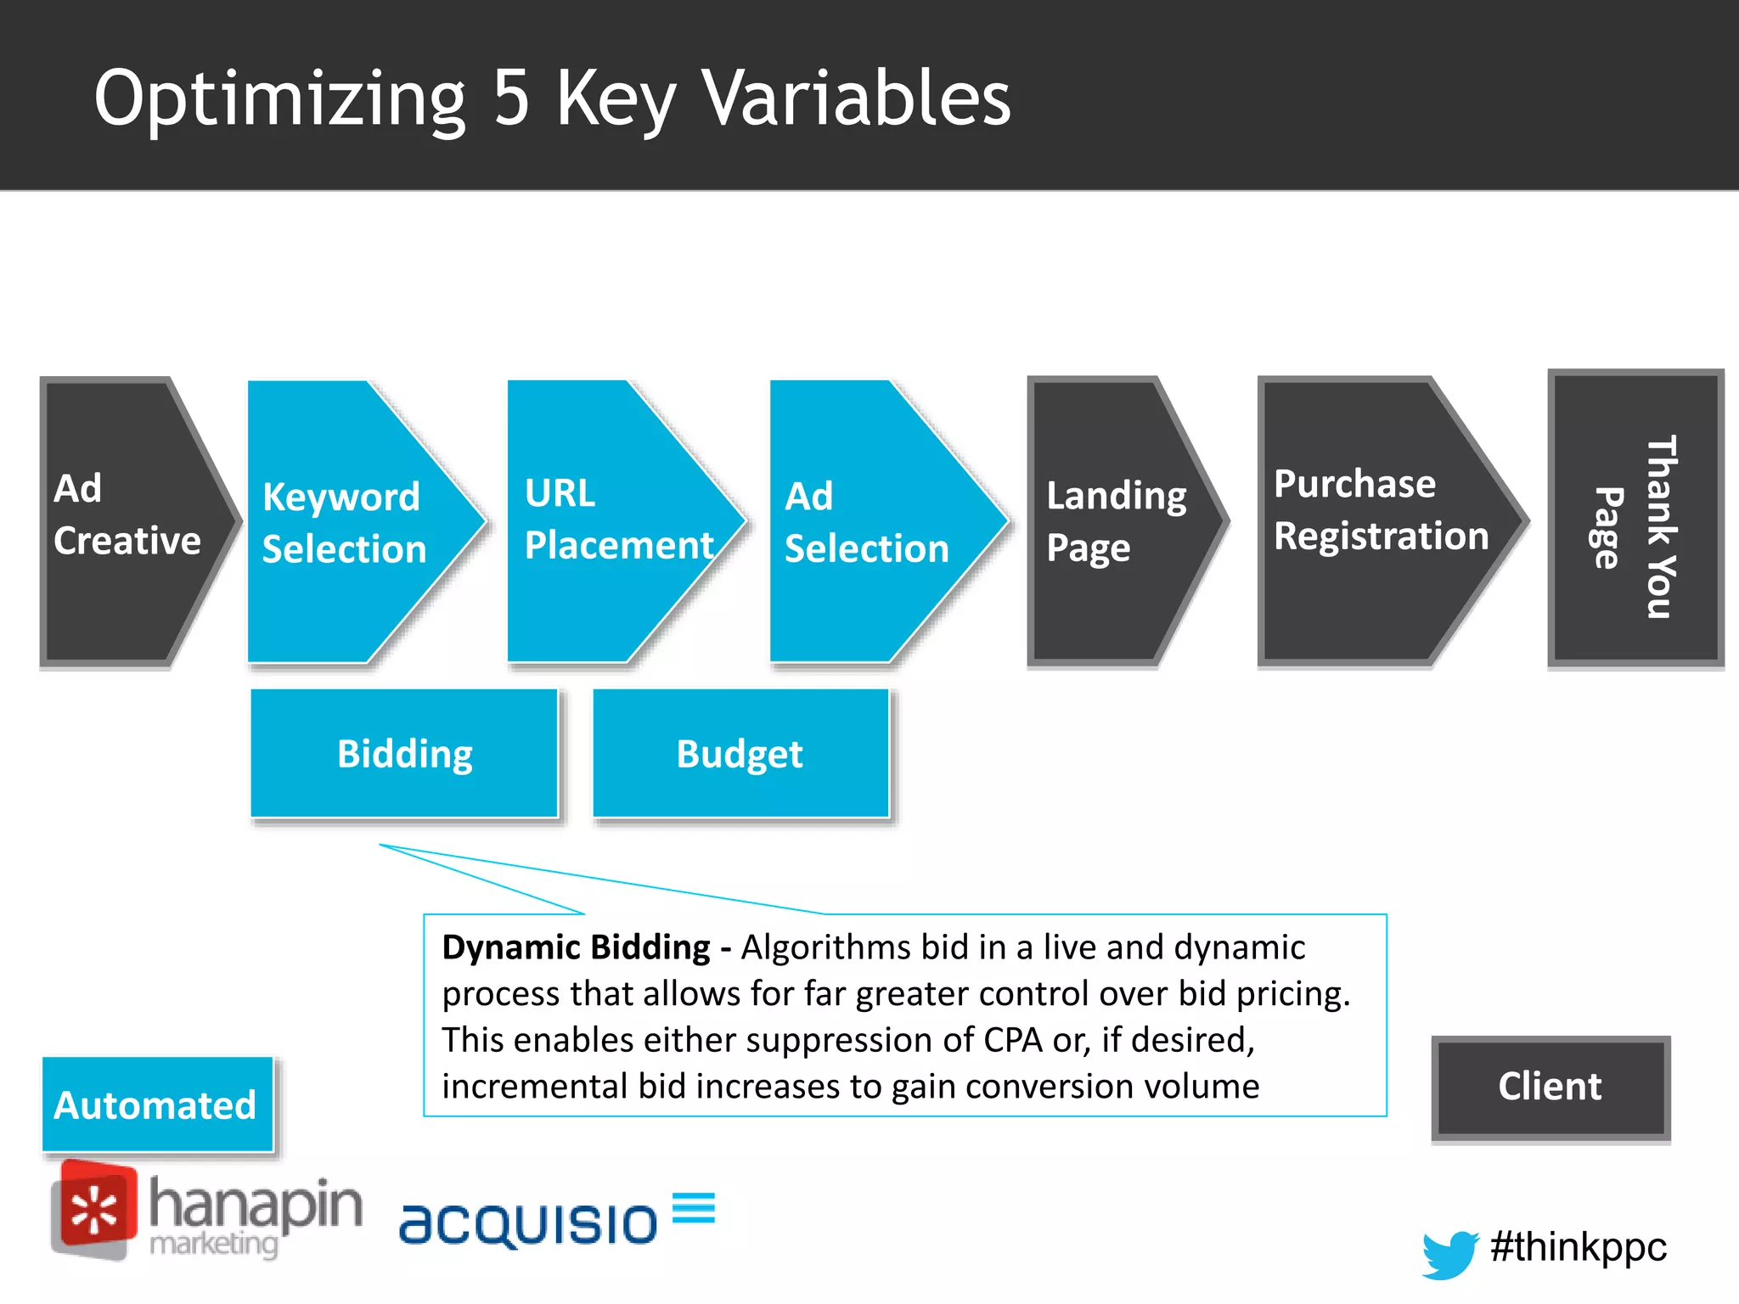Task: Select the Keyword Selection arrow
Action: pos(348,521)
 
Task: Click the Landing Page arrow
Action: pos(1112,521)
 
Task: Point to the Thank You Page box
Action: pos(1635,520)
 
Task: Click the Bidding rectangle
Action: pos(404,754)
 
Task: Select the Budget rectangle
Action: pos(740,754)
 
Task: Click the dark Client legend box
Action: pos(1550,1088)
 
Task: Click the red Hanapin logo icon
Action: pos(93,1210)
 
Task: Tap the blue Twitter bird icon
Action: pos(1450,1253)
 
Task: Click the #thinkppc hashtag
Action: pos(1578,1247)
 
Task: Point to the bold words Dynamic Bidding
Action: pos(576,947)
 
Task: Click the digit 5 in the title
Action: pos(512,98)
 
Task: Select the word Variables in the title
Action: pos(858,98)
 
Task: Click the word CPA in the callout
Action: pos(1012,1040)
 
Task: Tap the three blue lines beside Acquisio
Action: pos(693,1207)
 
